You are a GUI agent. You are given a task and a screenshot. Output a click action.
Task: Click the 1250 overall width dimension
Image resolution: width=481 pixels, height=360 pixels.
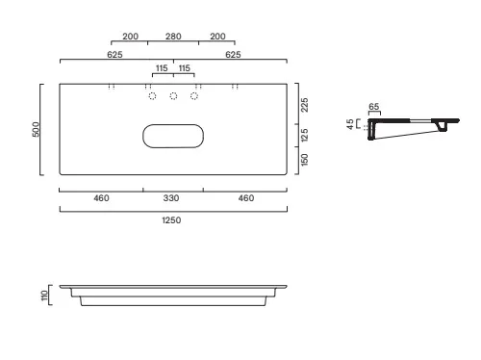pos(171,220)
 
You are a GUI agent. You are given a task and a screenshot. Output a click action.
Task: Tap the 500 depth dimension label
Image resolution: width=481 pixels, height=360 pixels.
pos(36,129)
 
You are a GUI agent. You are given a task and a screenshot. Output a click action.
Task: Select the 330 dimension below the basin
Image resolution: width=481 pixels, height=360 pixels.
pos(171,198)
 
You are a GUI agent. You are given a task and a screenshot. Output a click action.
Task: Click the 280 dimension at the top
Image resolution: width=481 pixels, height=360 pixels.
pos(173,37)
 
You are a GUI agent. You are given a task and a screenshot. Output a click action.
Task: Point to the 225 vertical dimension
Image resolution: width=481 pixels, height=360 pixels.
pos(305,105)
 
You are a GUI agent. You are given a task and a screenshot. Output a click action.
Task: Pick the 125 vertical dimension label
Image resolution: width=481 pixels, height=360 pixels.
pos(305,135)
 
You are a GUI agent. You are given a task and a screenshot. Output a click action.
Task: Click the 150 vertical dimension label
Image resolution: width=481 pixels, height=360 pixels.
pos(305,160)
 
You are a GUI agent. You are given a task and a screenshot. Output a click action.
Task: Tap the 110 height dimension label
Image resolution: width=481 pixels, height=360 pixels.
pos(44,296)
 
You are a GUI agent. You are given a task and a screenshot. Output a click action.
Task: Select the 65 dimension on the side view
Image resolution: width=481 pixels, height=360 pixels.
pos(374,107)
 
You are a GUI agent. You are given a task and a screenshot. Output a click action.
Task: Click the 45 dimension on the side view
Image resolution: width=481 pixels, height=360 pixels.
pos(350,124)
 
